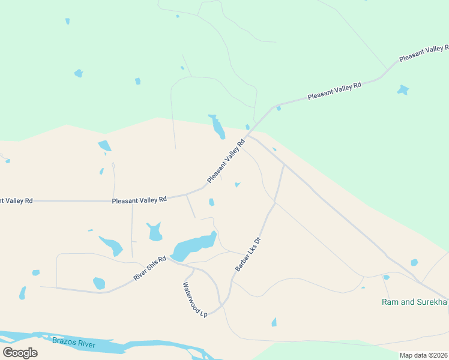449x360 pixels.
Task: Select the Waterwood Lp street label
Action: coord(194,299)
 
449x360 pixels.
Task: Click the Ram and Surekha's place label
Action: coord(415,301)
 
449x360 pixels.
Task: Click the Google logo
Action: coord(20,353)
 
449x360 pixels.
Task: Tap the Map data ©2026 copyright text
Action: coord(423,355)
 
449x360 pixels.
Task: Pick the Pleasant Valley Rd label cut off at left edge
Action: coord(16,200)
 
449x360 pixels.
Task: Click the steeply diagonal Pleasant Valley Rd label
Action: coord(226,162)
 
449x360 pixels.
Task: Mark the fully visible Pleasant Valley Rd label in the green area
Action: coord(334,91)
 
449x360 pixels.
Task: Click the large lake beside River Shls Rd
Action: coord(193,245)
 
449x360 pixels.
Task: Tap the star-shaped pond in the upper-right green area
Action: coord(403,90)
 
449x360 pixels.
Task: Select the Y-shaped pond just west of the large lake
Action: coord(155,231)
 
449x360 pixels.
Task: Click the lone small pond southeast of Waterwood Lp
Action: coord(274,322)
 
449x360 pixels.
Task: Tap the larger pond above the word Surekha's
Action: coord(414,262)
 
